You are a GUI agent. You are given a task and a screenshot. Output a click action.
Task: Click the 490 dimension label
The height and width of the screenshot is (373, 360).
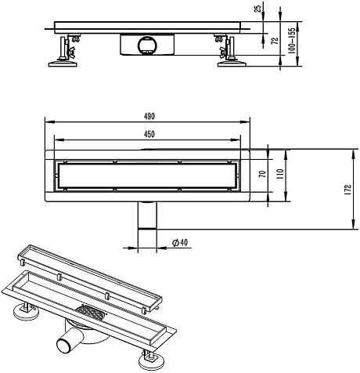(x=149, y=116)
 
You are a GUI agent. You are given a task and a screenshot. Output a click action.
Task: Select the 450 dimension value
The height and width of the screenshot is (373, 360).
(x=149, y=134)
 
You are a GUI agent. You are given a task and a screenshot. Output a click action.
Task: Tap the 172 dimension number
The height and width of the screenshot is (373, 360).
(x=348, y=190)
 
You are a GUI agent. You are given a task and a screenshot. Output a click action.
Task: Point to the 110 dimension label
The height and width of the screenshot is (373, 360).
(x=280, y=174)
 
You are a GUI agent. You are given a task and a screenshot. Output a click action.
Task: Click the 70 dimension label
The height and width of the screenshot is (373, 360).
(x=263, y=174)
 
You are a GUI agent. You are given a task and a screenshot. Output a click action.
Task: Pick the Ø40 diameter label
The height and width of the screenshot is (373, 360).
(x=180, y=242)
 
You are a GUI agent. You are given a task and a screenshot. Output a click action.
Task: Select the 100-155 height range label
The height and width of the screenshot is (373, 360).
(x=292, y=41)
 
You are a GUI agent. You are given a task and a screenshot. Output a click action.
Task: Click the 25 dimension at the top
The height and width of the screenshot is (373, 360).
(x=257, y=9)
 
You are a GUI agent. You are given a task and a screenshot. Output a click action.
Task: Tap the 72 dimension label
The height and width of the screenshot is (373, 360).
(x=275, y=41)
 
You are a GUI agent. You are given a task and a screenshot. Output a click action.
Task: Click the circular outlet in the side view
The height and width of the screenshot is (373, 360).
(x=147, y=45)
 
